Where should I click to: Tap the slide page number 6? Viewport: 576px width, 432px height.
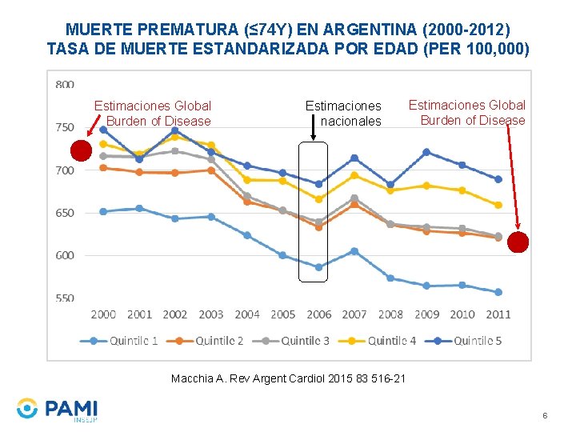click(545, 416)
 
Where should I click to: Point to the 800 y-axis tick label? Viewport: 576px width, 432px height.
click(65, 84)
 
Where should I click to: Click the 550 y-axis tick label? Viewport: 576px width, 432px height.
click(65, 298)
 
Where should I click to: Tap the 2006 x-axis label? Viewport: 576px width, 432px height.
click(318, 314)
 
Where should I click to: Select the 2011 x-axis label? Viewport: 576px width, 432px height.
click(498, 314)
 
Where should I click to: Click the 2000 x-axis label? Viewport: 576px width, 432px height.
click(103, 314)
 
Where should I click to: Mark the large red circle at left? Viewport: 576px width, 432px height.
click(81, 151)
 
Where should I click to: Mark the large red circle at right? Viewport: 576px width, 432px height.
click(518, 242)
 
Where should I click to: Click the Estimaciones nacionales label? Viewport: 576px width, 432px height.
click(343, 113)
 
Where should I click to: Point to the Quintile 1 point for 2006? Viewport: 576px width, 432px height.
click(318, 267)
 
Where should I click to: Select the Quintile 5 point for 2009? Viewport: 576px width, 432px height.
click(426, 152)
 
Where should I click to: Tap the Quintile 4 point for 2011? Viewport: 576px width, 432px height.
click(498, 205)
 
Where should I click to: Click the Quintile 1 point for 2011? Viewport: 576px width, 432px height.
click(498, 292)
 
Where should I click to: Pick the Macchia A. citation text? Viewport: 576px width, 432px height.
click(288, 378)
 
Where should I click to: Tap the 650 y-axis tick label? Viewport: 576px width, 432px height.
click(65, 213)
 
